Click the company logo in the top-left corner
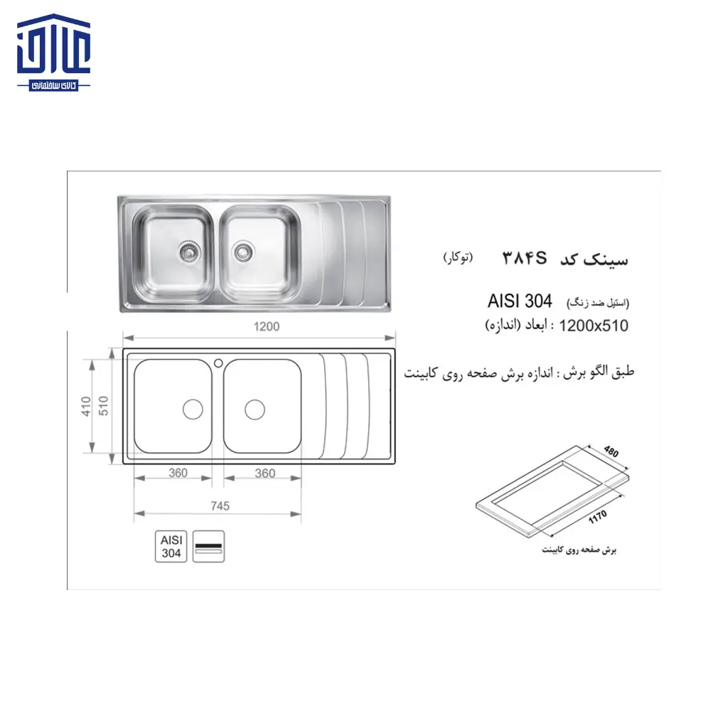click(x=54, y=56)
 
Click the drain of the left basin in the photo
click(x=188, y=250)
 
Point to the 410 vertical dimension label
click(x=86, y=406)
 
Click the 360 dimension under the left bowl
click(x=178, y=473)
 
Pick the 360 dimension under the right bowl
click(x=264, y=473)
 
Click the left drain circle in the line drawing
click(x=193, y=409)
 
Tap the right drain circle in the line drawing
click(x=255, y=409)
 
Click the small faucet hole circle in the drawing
click(x=218, y=362)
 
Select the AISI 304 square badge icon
click(x=171, y=546)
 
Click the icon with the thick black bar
click(x=209, y=546)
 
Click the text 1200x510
click(x=594, y=326)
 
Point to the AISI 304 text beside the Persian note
click(x=520, y=301)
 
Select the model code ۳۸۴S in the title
click(x=525, y=258)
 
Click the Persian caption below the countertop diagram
click(x=579, y=550)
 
